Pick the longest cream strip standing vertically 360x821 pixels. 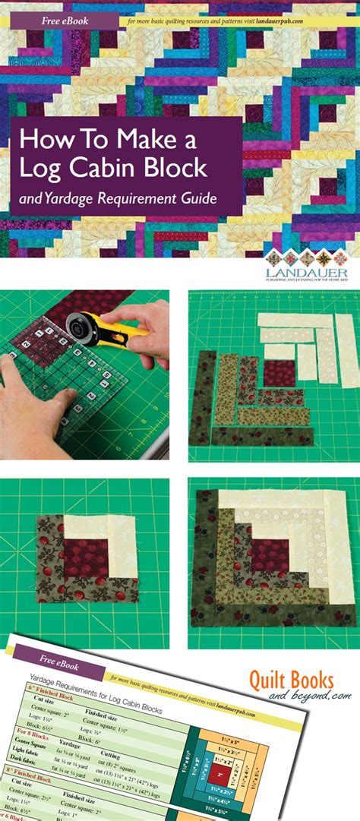pyautogui.click(x=346, y=351)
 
